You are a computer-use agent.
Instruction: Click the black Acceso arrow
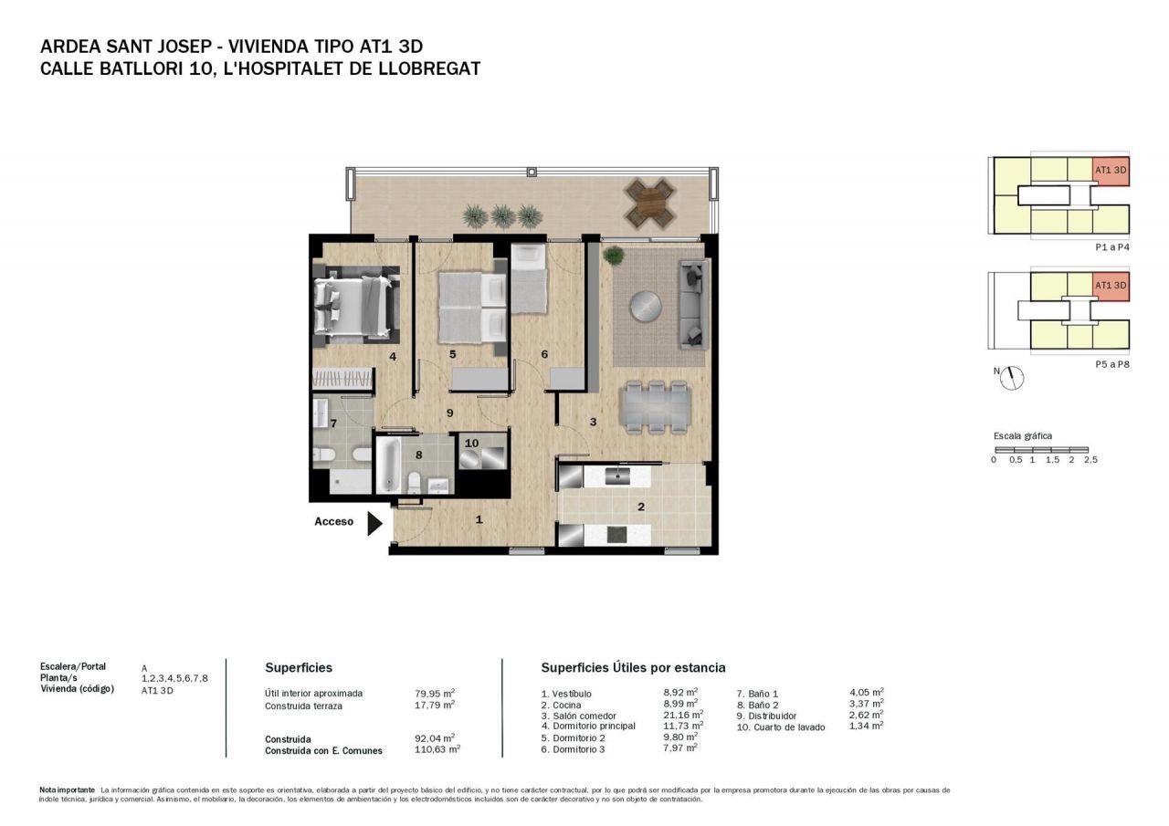point(374,524)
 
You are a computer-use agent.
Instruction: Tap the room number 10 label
point(471,444)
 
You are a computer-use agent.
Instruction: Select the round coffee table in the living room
point(646,306)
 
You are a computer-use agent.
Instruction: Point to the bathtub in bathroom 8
point(389,465)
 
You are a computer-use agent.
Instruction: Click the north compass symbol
point(1012,378)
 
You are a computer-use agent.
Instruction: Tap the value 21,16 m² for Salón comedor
point(683,714)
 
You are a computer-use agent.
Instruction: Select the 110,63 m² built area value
point(437,749)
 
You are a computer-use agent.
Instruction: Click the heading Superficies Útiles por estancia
point(633,667)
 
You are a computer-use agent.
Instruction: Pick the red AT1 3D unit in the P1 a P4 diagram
point(1111,172)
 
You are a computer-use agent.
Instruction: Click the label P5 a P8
point(1112,364)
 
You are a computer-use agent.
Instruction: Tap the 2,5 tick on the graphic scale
point(1090,459)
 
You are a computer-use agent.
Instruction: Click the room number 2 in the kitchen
point(641,507)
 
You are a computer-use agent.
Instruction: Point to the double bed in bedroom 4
point(353,307)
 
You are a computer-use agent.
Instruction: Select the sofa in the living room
point(693,305)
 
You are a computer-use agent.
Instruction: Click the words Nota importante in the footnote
point(68,790)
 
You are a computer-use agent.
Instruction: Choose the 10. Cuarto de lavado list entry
point(781,727)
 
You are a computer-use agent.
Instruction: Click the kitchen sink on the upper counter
point(618,476)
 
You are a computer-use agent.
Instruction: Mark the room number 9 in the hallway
point(450,413)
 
